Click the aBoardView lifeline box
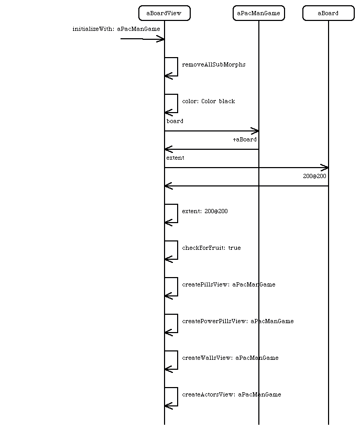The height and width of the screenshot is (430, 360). click(165, 13)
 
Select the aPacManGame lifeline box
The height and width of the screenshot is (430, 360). click(259, 13)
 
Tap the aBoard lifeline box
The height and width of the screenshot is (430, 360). click(329, 13)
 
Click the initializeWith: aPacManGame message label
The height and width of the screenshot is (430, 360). click(116, 29)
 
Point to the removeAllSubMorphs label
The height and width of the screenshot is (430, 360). click(214, 65)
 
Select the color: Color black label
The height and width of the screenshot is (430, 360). click(209, 101)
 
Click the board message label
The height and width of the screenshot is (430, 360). click(175, 121)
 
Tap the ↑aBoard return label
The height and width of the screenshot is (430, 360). click(245, 139)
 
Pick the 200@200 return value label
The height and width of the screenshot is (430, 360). click(315, 176)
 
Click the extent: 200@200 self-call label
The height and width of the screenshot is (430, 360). click(205, 211)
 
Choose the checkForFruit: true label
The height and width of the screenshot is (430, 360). click(211, 248)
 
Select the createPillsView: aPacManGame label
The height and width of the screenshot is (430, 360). click(228, 284)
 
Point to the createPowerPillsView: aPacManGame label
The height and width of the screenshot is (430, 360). click(238, 321)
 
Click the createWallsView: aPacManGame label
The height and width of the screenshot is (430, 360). click(230, 358)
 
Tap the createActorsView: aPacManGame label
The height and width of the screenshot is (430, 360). click(232, 394)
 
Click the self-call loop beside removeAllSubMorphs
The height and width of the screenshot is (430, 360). click(178, 67)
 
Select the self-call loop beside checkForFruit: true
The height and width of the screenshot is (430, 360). click(178, 250)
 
